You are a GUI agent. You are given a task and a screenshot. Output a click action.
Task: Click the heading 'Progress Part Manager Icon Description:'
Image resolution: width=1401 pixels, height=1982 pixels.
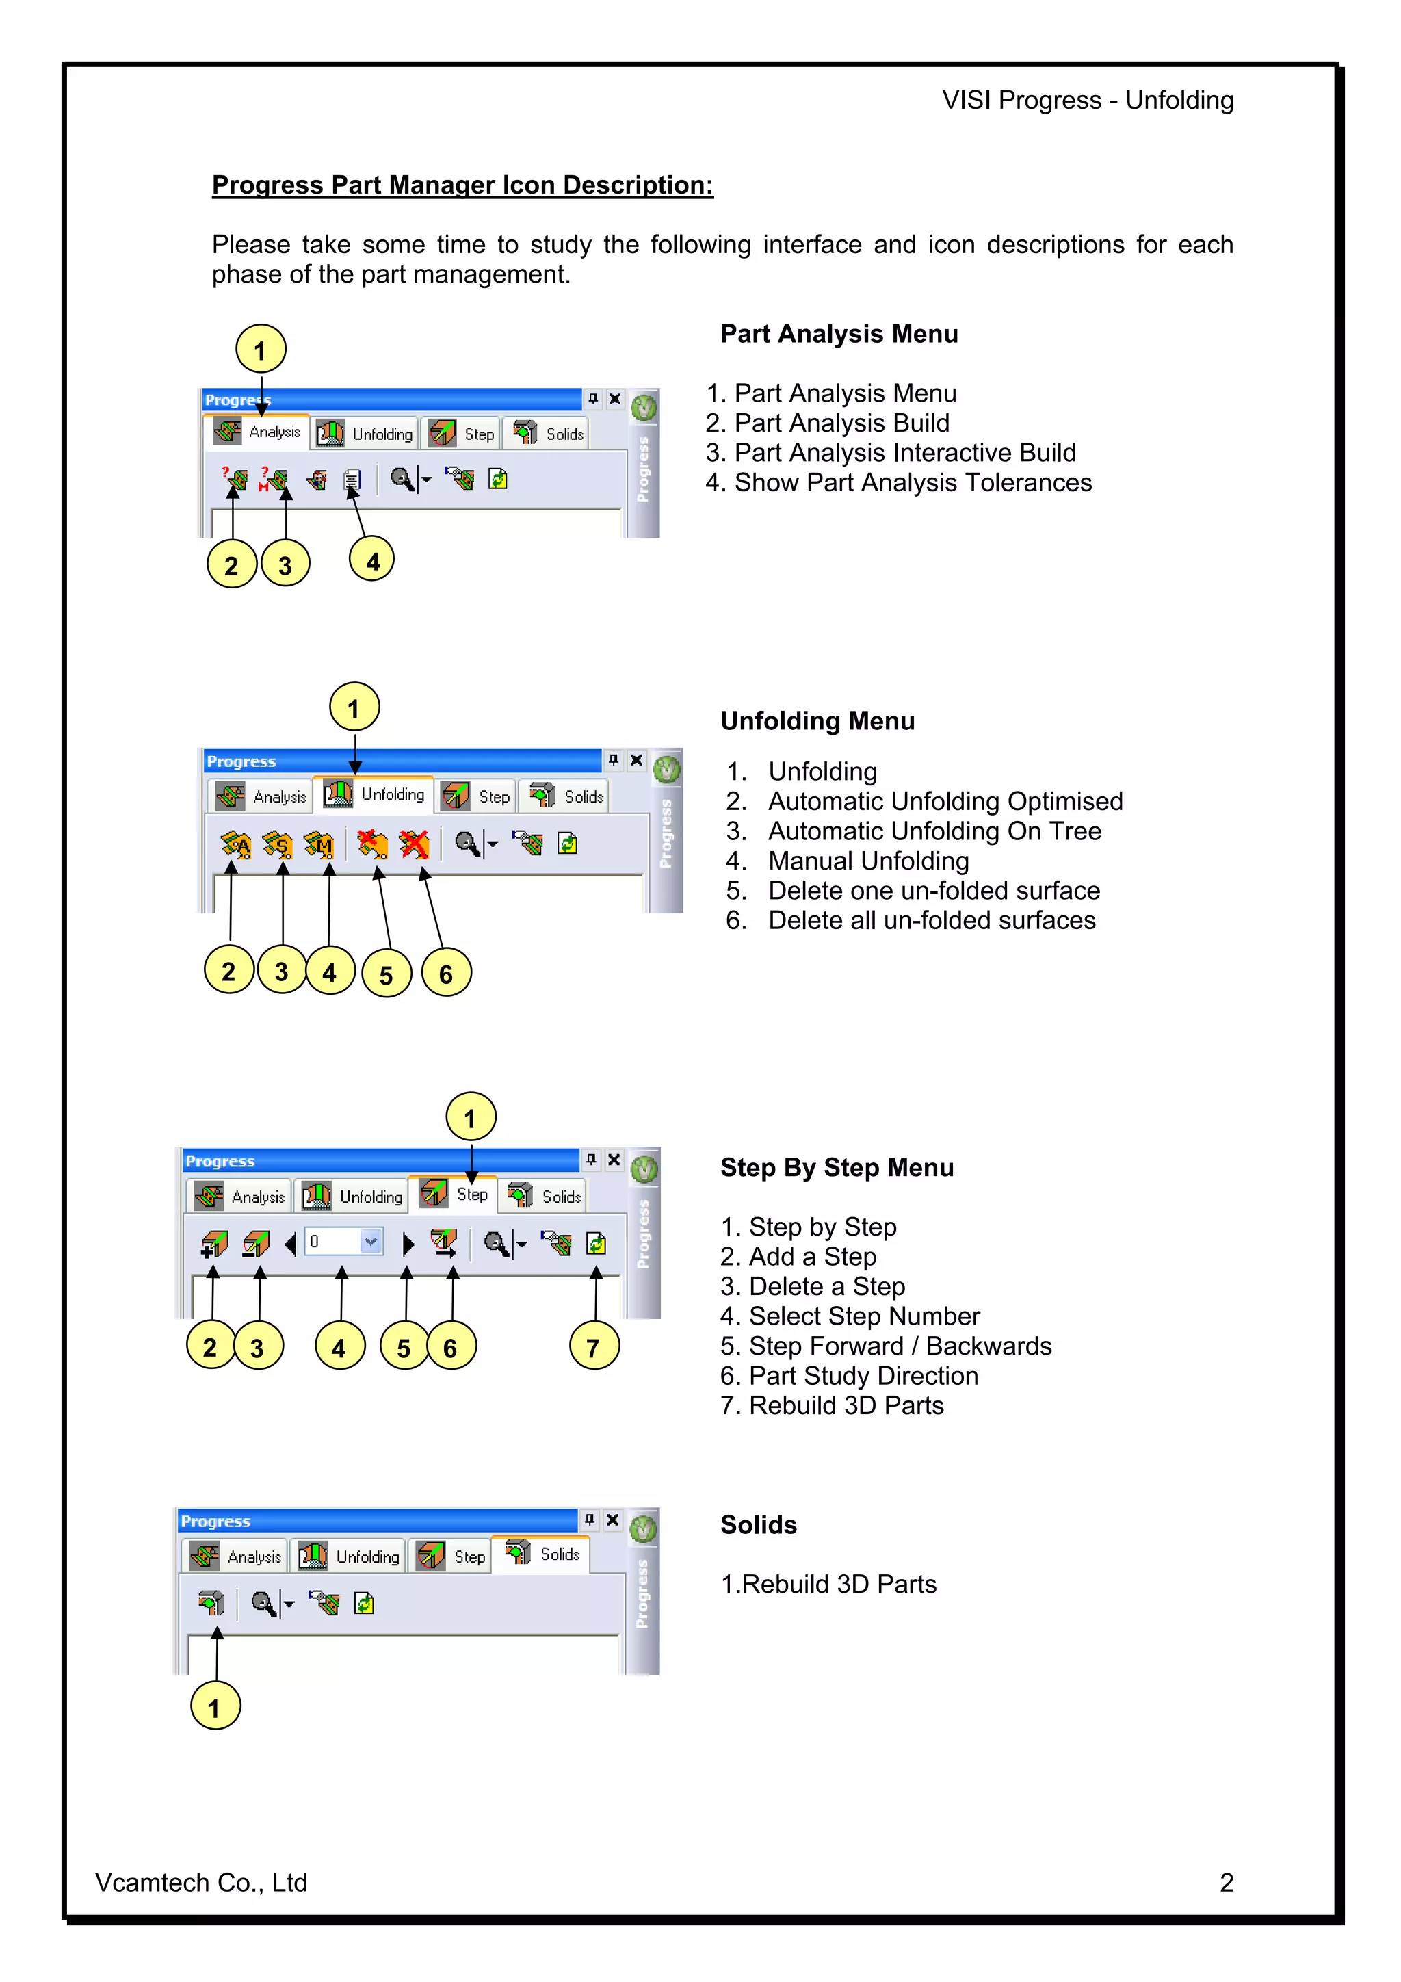tap(462, 185)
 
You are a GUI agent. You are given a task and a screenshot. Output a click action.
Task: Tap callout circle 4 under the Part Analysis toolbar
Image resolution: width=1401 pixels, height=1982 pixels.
tap(372, 561)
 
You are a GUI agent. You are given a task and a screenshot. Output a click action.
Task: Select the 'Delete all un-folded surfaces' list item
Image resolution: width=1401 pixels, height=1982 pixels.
tap(932, 920)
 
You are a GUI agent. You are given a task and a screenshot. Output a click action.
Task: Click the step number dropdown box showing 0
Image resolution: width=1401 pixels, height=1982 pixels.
tap(343, 1241)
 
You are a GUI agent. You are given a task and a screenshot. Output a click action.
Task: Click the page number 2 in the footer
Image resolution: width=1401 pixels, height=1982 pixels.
tap(1226, 1883)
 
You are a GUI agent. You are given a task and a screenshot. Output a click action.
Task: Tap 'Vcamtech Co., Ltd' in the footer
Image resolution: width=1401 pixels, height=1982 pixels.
tap(201, 1883)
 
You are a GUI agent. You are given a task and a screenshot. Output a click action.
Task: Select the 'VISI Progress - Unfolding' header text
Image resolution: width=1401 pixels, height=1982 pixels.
tap(1088, 100)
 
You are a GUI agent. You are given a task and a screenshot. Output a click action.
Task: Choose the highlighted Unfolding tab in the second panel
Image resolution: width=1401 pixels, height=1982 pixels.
tap(375, 794)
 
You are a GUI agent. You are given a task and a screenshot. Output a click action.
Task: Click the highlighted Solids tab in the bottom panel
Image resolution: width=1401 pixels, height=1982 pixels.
tap(541, 1554)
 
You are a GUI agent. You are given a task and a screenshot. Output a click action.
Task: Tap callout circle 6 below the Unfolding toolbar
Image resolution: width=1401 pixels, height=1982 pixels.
tap(446, 973)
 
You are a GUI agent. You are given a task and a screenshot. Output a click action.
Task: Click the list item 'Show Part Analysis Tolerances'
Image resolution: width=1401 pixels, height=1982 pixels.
tap(913, 482)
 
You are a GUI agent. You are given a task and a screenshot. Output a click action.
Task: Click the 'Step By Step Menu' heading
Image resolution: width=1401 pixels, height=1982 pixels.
tap(837, 1167)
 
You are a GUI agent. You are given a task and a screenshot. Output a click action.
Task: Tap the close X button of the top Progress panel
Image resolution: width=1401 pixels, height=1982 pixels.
tap(614, 399)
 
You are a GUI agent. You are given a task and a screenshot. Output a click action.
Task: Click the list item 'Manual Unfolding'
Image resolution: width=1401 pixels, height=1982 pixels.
tap(868, 861)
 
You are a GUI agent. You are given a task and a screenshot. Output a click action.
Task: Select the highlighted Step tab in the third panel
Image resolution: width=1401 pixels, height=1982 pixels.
tap(454, 1194)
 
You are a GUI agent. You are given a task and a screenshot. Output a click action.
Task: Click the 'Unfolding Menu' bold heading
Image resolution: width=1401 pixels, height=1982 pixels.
tap(817, 721)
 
